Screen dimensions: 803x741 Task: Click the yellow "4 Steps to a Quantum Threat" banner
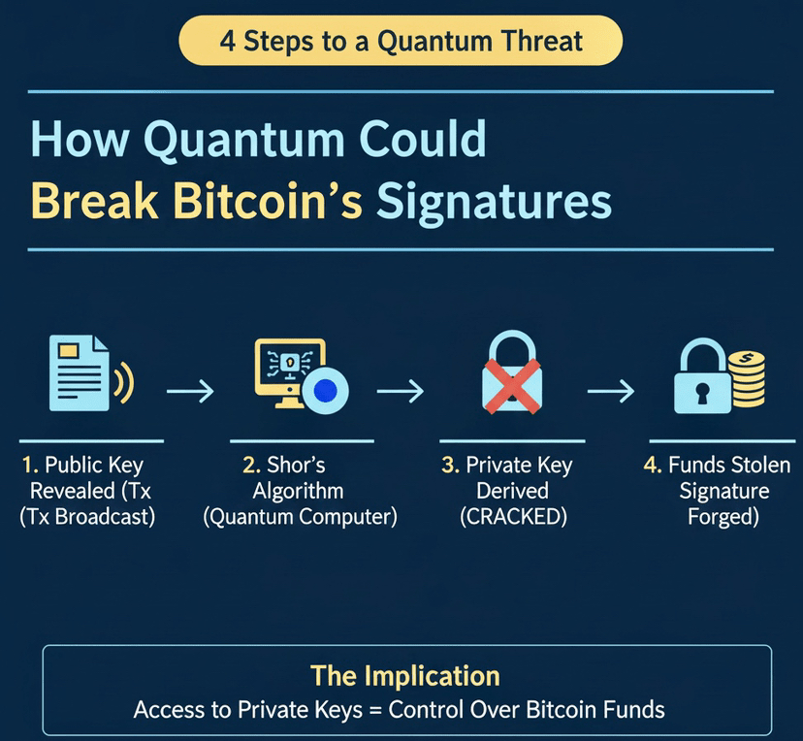click(401, 41)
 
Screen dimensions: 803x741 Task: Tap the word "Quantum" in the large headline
click(243, 141)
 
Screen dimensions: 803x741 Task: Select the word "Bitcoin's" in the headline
click(268, 200)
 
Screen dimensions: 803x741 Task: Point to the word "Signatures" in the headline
click(495, 204)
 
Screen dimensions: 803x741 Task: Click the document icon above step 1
click(80, 372)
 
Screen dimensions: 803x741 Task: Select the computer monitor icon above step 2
click(290, 371)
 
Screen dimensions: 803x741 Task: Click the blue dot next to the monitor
click(325, 391)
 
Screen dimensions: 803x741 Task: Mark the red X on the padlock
click(512, 386)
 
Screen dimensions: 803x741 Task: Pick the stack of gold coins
click(747, 379)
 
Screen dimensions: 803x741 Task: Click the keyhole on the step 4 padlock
click(702, 393)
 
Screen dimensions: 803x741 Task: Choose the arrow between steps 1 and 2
click(190, 391)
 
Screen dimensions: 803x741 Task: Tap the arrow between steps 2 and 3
click(401, 391)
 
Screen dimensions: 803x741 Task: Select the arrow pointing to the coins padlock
click(611, 391)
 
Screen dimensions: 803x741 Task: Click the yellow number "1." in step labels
click(30, 465)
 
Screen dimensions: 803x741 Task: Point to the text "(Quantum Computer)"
click(300, 517)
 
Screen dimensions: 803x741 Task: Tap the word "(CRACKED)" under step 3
click(514, 517)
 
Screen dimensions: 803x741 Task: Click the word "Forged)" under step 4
click(723, 517)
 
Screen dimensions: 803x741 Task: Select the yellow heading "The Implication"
click(405, 675)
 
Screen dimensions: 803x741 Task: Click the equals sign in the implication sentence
click(375, 711)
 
